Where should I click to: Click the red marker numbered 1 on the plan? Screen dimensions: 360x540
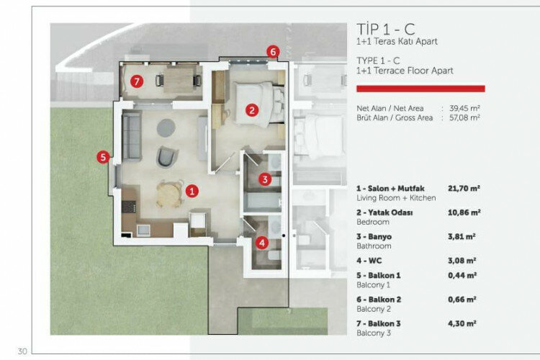tap(192, 191)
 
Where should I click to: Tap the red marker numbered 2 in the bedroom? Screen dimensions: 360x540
tap(251, 110)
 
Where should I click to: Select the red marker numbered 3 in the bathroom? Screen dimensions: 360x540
tap(265, 180)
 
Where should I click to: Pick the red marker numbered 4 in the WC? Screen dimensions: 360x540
tap(262, 243)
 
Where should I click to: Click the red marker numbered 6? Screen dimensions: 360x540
tap(272, 52)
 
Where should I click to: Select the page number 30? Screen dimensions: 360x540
tap(22, 351)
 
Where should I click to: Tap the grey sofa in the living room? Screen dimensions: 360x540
tap(131, 137)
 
